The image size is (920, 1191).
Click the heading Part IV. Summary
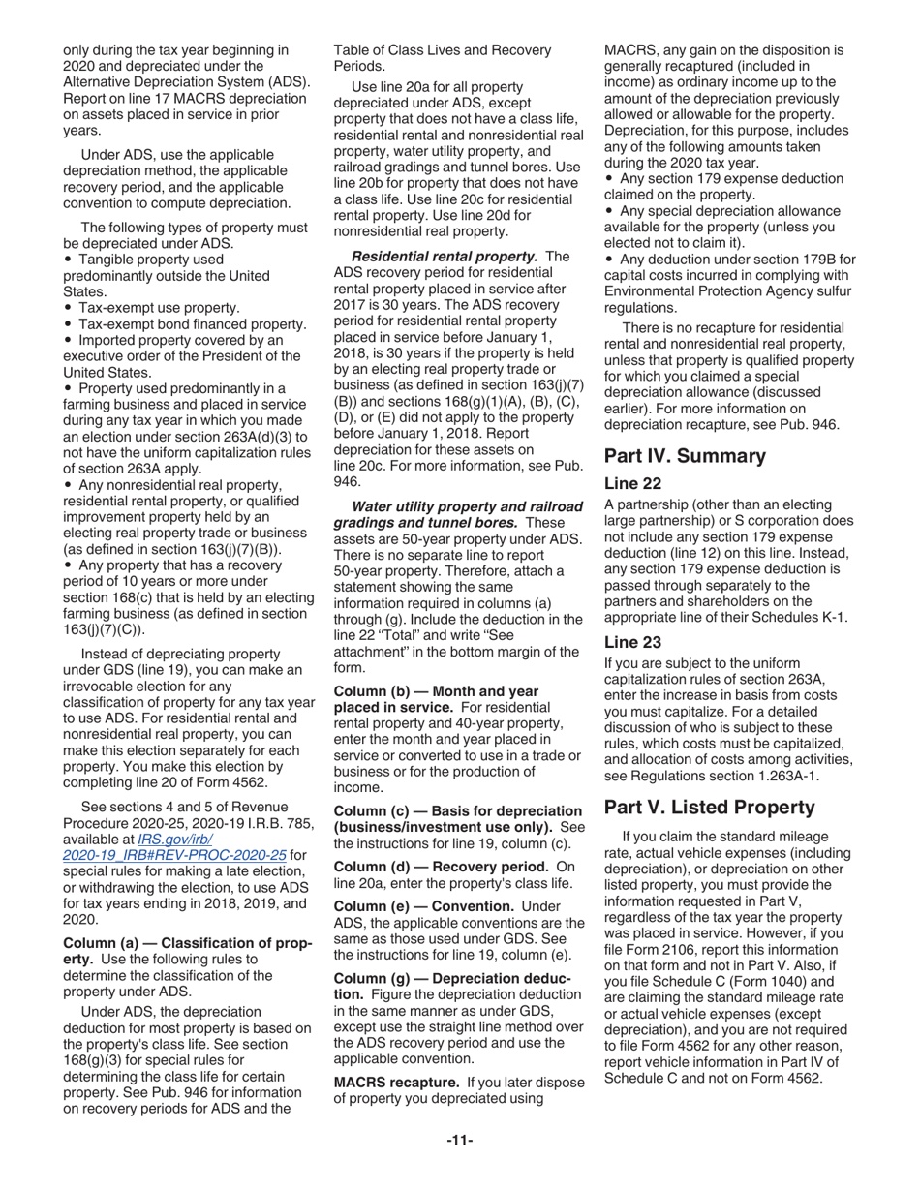[x=685, y=456]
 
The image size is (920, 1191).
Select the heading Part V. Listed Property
[x=709, y=807]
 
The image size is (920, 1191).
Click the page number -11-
[x=459, y=1141]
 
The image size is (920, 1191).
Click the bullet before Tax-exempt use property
[x=68, y=308]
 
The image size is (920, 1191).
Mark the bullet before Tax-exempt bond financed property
[x=68, y=324]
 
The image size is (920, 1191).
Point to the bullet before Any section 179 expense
[x=609, y=179]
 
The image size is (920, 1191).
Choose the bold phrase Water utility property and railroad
[x=468, y=506]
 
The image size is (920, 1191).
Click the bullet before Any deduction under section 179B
[x=609, y=260]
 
